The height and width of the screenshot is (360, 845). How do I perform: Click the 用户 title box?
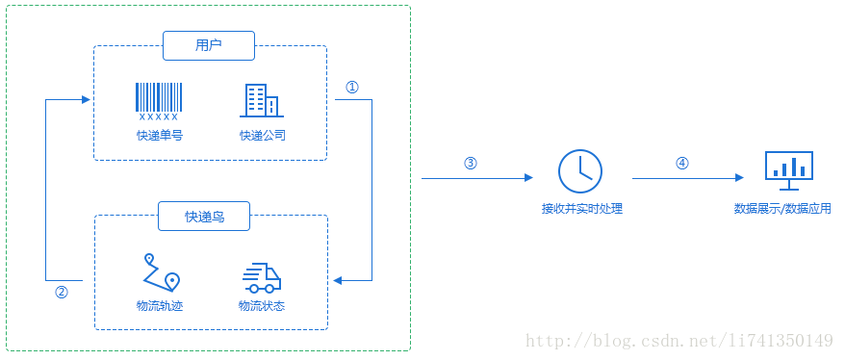click(209, 45)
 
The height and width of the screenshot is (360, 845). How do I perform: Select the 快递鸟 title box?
click(205, 217)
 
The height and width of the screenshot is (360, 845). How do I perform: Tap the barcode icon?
click(159, 101)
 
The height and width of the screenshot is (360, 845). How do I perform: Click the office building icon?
click(262, 100)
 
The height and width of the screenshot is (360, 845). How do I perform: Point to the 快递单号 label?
click(159, 136)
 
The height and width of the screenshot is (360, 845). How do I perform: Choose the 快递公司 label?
click(263, 136)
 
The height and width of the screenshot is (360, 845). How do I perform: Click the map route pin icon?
click(161, 272)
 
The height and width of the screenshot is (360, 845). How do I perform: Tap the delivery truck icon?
click(262, 277)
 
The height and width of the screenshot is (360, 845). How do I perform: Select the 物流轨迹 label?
click(160, 306)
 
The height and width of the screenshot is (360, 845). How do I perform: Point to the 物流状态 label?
click(262, 306)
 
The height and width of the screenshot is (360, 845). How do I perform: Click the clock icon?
click(580, 171)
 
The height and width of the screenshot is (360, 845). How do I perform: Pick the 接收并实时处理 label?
click(581, 208)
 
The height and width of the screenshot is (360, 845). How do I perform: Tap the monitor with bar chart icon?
click(788, 168)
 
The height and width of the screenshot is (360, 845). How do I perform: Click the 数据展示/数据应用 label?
click(782, 208)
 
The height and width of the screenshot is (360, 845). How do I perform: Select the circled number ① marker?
click(352, 87)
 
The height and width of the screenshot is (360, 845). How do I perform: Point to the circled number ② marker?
click(62, 293)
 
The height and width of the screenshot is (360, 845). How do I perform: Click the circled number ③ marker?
click(471, 163)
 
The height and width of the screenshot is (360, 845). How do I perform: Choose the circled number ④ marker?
click(682, 163)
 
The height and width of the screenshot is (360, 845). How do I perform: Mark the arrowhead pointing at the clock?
click(528, 178)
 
